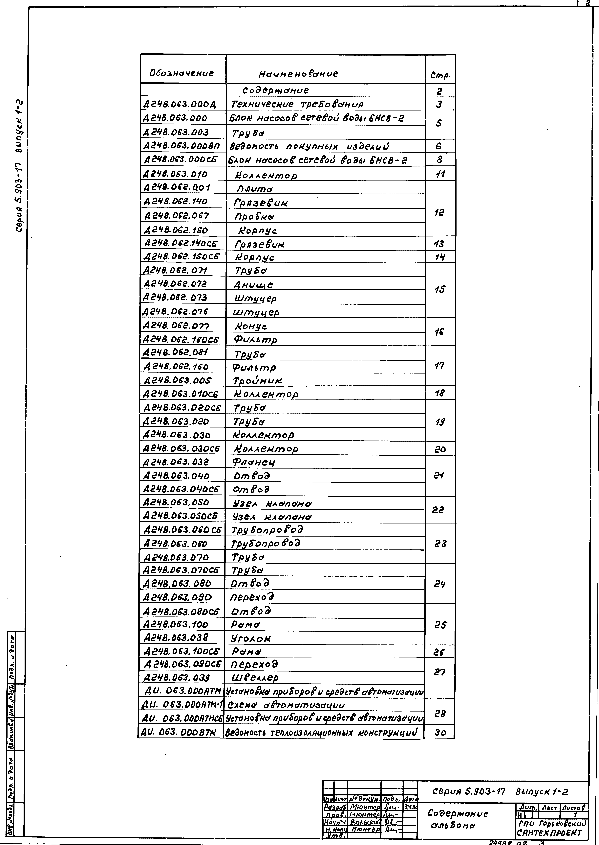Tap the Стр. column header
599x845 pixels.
click(x=440, y=76)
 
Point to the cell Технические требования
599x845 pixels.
click(x=297, y=104)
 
